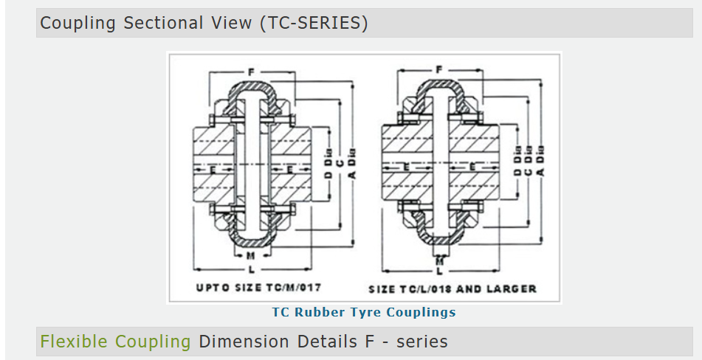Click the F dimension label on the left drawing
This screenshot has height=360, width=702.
[x=251, y=72]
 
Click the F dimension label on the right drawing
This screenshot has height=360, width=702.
[x=439, y=69]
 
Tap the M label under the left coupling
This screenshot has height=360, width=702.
[x=251, y=256]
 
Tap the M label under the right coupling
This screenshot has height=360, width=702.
[x=440, y=260]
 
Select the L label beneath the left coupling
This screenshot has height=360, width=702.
[x=252, y=270]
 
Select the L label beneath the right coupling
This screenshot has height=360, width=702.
[x=440, y=271]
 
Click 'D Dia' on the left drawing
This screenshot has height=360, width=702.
[x=329, y=163]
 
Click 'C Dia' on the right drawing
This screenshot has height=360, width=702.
[x=529, y=159]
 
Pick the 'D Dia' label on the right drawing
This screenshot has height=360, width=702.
[x=517, y=159]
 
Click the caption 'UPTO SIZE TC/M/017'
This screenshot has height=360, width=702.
[x=259, y=287]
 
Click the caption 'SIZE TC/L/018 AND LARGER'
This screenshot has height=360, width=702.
[x=452, y=289]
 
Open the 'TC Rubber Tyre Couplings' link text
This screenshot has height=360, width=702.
[x=364, y=312]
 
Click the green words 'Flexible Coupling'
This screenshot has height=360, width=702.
[x=115, y=342]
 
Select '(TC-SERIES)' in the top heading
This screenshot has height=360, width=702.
[x=314, y=23]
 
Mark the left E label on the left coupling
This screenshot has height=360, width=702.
[x=213, y=170]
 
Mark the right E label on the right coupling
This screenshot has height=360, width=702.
[x=472, y=167]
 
